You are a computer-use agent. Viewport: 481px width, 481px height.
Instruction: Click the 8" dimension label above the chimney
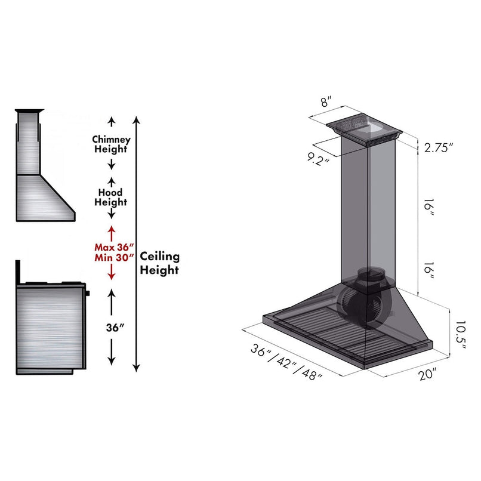326,101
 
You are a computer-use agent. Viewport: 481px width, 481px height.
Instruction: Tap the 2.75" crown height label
439,148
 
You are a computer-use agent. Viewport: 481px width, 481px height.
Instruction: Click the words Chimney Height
111,144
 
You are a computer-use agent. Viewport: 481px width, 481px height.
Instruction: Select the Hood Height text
111,198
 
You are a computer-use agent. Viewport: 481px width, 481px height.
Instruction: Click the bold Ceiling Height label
159,263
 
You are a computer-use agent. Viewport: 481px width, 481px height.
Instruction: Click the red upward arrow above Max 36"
111,232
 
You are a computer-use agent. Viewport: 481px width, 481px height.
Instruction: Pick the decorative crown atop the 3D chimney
364,128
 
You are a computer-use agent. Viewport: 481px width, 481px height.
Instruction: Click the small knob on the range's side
88,293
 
